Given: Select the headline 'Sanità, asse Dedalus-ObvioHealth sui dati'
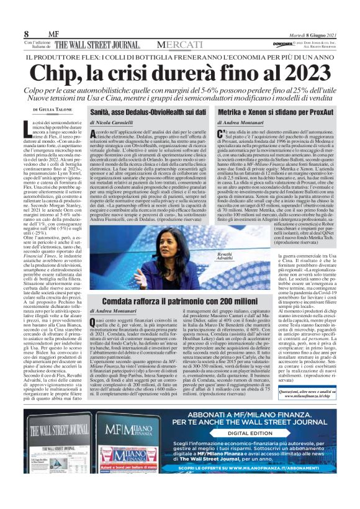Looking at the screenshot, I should (x=148, y=112).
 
